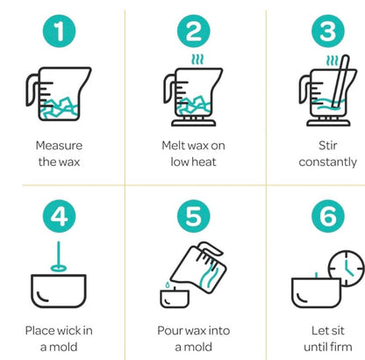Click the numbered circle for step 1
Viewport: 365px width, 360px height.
(x=59, y=31)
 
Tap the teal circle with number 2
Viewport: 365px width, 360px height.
(x=194, y=31)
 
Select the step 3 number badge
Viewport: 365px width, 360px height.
(x=328, y=31)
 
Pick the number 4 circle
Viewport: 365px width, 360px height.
(x=59, y=216)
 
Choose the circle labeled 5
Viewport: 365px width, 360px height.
(x=194, y=216)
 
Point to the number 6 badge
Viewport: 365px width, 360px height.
(x=328, y=216)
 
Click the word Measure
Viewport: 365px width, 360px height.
(x=59, y=146)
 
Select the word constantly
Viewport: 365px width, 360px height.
(x=328, y=162)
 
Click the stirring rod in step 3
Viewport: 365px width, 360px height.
(x=340, y=81)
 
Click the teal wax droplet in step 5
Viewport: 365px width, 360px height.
(x=168, y=284)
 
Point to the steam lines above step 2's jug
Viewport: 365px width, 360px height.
(x=197, y=60)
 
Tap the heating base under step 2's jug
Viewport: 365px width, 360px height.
(x=194, y=122)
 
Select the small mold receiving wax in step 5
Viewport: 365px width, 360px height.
(x=175, y=299)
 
